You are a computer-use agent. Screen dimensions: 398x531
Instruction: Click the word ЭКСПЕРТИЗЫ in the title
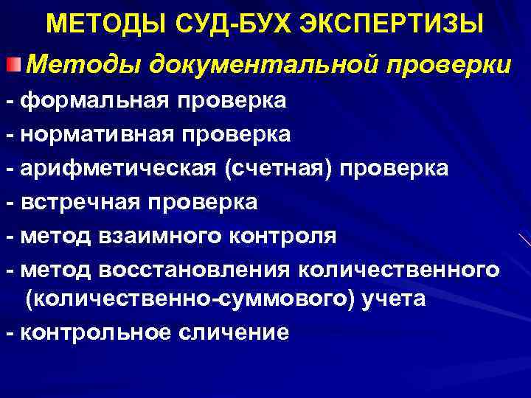tap(392, 24)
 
